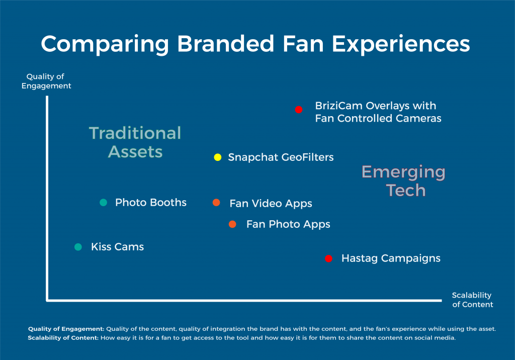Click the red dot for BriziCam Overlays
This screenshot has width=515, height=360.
click(x=299, y=110)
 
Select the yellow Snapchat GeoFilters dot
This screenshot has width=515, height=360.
click(x=217, y=157)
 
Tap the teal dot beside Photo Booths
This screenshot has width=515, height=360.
click(x=103, y=202)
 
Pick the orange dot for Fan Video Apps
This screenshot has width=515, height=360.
click(x=216, y=202)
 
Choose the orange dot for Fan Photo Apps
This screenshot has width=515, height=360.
click(x=232, y=224)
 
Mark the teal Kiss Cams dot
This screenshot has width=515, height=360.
click(x=78, y=247)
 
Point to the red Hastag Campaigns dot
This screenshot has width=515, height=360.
click(x=328, y=258)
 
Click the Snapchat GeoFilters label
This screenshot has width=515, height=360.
click(x=281, y=157)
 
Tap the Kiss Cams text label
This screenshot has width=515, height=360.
click(x=117, y=247)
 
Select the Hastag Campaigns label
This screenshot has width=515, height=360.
click(x=391, y=258)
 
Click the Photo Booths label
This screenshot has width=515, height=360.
click(x=151, y=202)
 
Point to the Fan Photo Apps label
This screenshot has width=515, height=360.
click(x=288, y=224)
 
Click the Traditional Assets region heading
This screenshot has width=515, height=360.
click(x=135, y=142)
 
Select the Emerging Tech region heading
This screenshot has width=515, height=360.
click(x=404, y=181)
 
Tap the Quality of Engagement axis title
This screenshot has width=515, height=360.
click(x=46, y=81)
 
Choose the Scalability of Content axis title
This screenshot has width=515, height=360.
click(x=472, y=300)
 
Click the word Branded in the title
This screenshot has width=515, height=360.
click(x=226, y=44)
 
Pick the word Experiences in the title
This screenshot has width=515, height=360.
click(x=401, y=44)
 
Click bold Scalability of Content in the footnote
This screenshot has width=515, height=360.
click(x=63, y=338)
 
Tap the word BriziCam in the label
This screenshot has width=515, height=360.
click(x=338, y=106)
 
